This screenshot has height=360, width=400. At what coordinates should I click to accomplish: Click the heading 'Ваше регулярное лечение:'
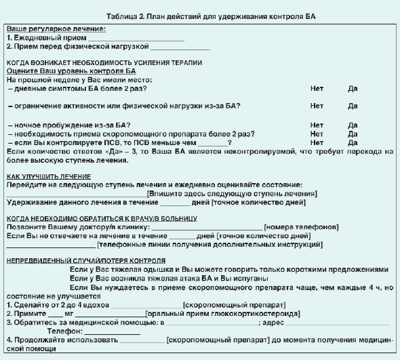coord(56,30)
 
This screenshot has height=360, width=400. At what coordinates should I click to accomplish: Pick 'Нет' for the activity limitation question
coord(317,106)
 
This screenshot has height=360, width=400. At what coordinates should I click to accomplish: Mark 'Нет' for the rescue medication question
coord(317,134)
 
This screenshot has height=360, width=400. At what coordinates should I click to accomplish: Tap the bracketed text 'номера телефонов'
coord(301,226)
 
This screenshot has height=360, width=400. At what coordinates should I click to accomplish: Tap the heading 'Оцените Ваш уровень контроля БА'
coord(71,71)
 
